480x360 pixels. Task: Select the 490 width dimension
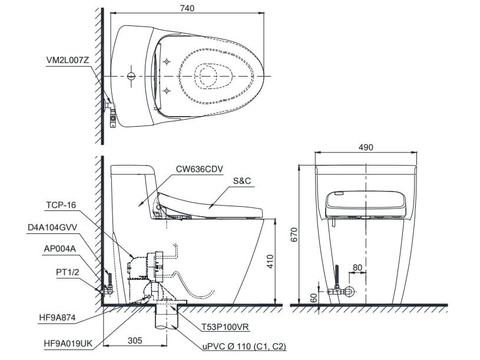tap(366, 147)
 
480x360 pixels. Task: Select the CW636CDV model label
tap(198, 168)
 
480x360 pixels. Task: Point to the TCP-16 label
tap(61, 206)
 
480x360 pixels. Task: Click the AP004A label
tap(58, 248)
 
